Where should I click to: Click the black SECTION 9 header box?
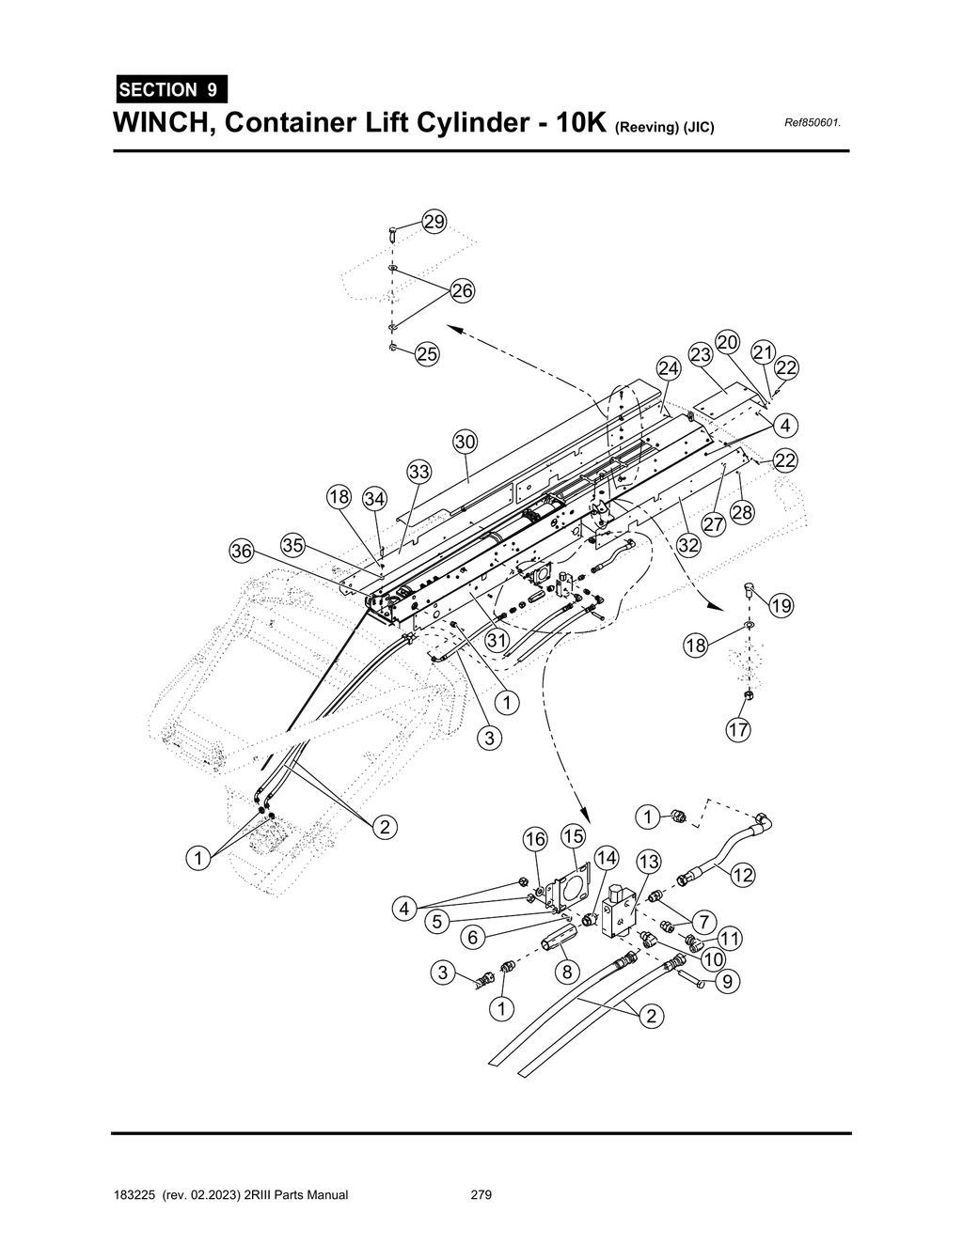[x=170, y=90]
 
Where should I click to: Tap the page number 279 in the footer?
[x=481, y=1195]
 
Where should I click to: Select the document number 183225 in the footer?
[x=134, y=1195]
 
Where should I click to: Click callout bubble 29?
[x=434, y=222]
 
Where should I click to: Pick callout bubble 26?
[x=462, y=290]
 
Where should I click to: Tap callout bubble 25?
[x=427, y=354]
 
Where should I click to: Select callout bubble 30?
[x=466, y=442]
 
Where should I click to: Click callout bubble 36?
[x=243, y=551]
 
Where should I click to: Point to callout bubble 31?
[x=497, y=639]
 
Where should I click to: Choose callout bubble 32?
[x=688, y=545]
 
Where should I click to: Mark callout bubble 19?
[x=781, y=606]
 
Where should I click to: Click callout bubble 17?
[x=738, y=729]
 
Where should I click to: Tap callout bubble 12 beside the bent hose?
[x=743, y=875]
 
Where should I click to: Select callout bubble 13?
[x=649, y=861]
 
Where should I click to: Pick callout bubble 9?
[x=728, y=982]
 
